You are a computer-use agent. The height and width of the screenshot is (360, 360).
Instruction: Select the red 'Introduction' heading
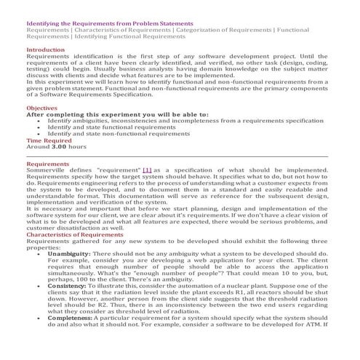(x=46, y=49)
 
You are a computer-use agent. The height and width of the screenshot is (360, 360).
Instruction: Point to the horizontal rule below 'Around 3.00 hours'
(x=180, y=156)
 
